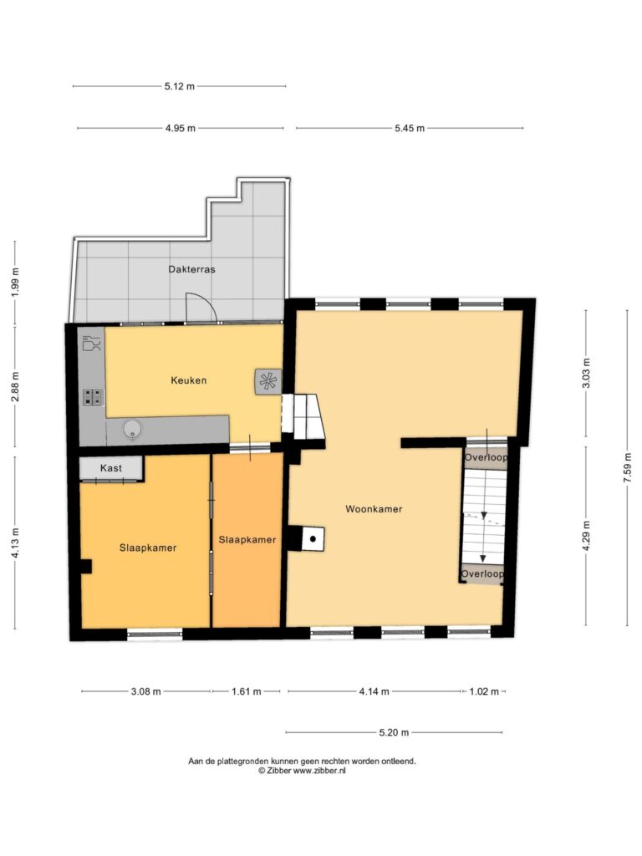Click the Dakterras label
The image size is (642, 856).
coord(191,269)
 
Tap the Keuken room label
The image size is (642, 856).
coord(189,380)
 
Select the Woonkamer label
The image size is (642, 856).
coord(374,509)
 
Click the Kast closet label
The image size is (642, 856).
coord(111,468)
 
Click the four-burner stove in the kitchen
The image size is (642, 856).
coord(93,397)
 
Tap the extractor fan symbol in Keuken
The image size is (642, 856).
coord(268,381)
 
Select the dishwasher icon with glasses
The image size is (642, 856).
coord(91,344)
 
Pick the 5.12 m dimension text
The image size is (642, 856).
coord(180,86)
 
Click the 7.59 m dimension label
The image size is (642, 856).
coord(628,468)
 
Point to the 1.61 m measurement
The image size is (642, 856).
coord(247,691)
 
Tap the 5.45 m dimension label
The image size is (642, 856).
coord(410,128)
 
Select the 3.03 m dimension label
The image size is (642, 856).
coord(586,374)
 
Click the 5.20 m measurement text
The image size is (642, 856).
coord(395,732)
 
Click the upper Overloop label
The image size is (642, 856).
coord(486,457)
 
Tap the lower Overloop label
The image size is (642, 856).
coord(482,573)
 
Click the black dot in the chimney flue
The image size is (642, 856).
coord(313,539)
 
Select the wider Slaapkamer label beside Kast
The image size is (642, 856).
coord(148,548)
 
